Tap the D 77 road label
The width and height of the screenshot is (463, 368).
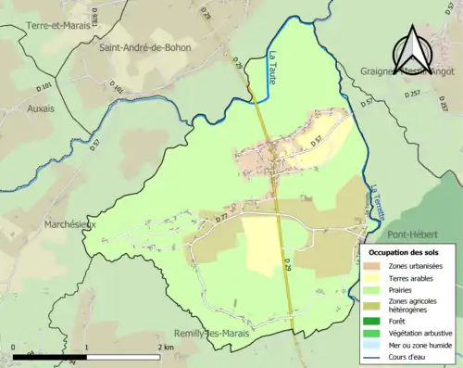coord(221,217)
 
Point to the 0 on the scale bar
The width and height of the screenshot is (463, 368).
coord(13,347)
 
